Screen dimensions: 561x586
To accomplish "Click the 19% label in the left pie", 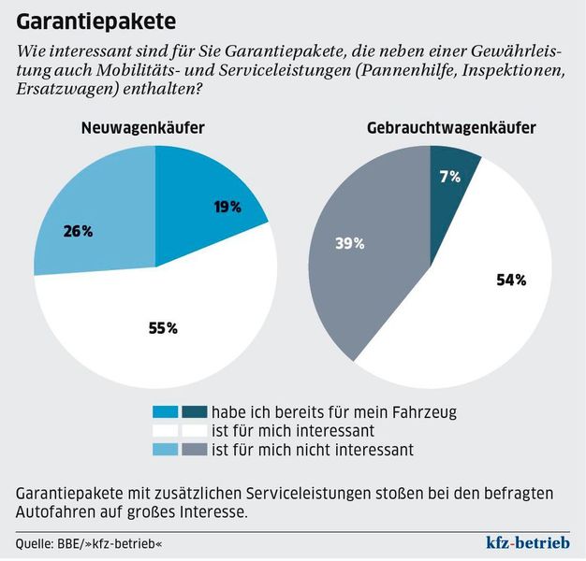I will point(227,208).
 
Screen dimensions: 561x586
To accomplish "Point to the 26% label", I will point(78,231).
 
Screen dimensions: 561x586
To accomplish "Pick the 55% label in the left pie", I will point(162,328).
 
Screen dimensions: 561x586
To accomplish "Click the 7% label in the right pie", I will point(450,176).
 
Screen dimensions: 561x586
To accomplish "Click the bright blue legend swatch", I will point(165,411).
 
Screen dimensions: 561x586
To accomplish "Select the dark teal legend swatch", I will point(194,411).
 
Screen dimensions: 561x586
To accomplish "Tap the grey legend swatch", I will point(194,450).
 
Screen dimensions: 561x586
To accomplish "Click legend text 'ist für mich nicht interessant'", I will point(312,451).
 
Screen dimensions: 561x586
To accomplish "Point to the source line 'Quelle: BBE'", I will point(95,543).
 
